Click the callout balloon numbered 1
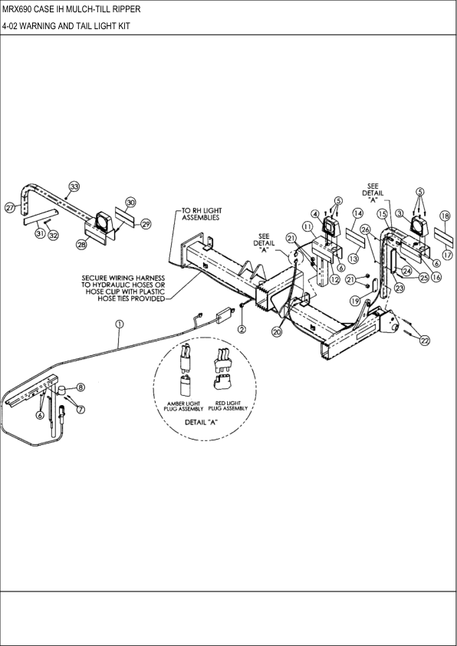point(120,325)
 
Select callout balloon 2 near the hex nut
point(242,329)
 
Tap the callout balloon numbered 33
point(74,186)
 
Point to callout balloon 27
point(10,207)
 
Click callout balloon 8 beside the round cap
point(81,387)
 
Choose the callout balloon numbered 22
point(425,341)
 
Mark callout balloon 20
point(277,331)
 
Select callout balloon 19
point(355,302)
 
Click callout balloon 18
point(445,216)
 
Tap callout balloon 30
point(130,203)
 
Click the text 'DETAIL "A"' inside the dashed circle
point(201,422)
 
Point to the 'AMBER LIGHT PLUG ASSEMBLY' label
point(183,406)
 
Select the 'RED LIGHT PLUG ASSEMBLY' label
point(228,406)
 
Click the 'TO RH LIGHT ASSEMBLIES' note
point(202,214)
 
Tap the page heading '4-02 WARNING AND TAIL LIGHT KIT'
point(66,26)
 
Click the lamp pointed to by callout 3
point(419,227)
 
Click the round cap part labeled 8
point(62,390)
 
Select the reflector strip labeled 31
point(40,216)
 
